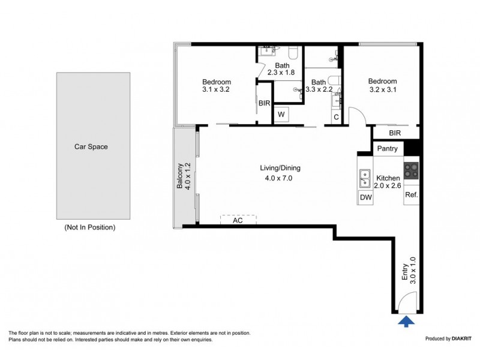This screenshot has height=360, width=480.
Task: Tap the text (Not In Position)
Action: pos(89,227)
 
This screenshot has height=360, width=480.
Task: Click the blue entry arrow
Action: pos(407,322)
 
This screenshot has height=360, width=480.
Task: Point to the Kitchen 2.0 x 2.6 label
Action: pos(388,182)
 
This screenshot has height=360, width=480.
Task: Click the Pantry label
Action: pos(388,148)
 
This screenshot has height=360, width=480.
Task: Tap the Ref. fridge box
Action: pos(412,196)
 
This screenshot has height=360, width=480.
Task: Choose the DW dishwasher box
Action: pos(365,197)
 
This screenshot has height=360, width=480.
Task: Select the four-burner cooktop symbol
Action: pos(412,171)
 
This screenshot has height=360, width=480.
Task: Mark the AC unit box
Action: pos(238,220)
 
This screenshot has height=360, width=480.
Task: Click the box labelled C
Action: pos(336,116)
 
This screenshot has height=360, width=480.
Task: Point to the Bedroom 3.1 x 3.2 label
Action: pos(216,86)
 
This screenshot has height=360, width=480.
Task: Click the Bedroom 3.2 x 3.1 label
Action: pos(382,86)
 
